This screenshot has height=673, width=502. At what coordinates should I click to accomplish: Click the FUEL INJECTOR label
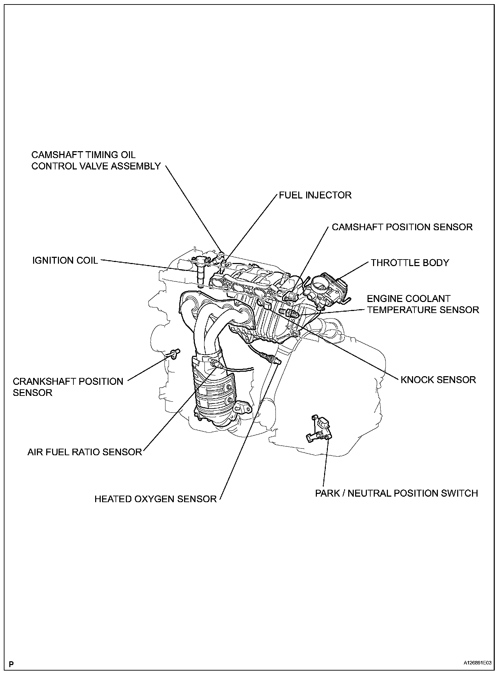pos(315,195)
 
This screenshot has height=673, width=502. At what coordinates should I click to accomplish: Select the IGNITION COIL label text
pos(65,260)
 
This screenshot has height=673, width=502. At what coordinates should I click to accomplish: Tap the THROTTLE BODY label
pos(410,263)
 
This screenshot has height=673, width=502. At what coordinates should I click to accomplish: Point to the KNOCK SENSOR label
pos(438,380)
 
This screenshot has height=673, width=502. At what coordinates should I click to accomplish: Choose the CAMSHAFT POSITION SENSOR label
pos(402,227)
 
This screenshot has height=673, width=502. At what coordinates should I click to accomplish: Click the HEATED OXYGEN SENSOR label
pos(155,499)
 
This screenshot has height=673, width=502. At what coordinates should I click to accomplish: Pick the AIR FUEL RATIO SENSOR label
pos(85,452)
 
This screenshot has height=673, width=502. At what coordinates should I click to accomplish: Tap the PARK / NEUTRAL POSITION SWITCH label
pos(396,494)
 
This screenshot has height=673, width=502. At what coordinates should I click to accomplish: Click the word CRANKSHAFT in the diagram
pos(43,381)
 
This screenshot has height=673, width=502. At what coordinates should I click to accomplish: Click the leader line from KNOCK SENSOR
pos(345,349)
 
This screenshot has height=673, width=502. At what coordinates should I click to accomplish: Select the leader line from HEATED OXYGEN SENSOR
pos(248,431)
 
